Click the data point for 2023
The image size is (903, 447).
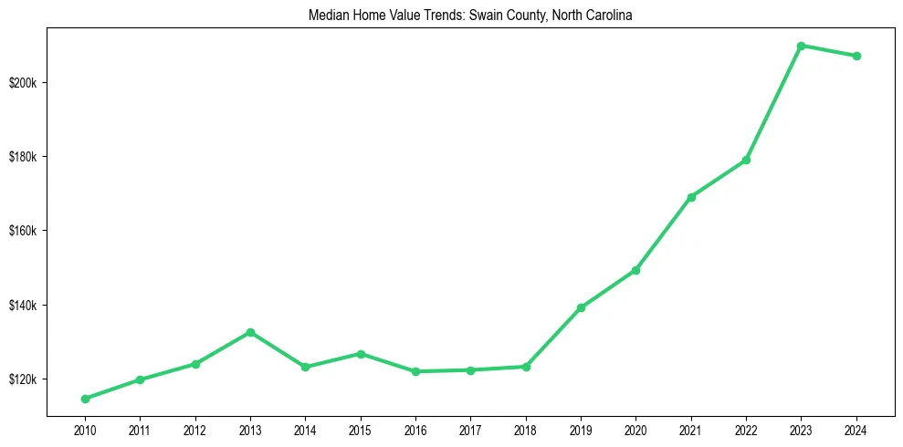point(801,46)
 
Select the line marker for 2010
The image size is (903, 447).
point(85,399)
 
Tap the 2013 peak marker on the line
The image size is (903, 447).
point(250,332)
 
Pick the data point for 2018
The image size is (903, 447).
point(526,367)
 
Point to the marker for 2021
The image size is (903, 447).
point(691,197)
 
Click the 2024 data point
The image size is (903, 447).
point(856,56)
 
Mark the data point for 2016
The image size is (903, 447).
point(415,371)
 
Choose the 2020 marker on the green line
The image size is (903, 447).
point(635,270)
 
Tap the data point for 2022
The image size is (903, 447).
point(746,160)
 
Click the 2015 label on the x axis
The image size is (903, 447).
point(361,430)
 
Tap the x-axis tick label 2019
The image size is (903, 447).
point(581,430)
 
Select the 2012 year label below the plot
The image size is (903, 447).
point(195,430)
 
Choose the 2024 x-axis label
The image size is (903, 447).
point(856,430)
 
